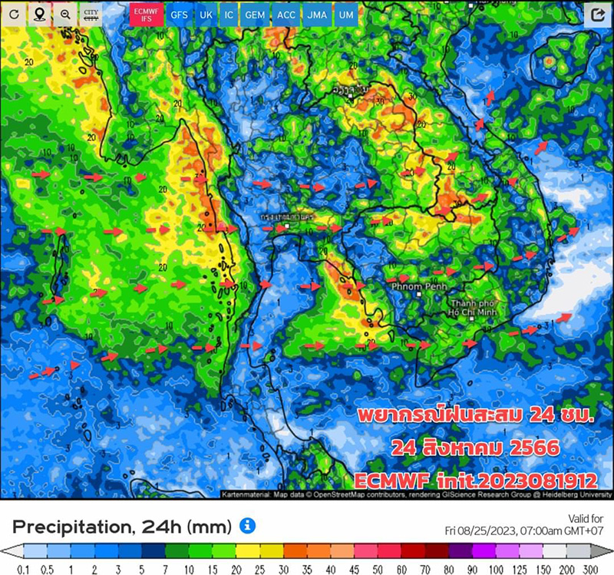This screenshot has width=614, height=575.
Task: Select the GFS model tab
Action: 178,15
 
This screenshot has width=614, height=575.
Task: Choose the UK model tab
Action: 206,15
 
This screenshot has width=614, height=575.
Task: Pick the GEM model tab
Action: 255,15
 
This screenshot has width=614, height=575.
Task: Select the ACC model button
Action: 287,15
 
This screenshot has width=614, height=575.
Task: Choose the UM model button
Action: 347,15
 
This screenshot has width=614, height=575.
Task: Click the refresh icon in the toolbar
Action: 13,14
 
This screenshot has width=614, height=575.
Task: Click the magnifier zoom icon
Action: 65,14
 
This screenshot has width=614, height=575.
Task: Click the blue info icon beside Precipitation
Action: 246,525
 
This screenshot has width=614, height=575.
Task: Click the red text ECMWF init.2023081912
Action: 476,481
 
